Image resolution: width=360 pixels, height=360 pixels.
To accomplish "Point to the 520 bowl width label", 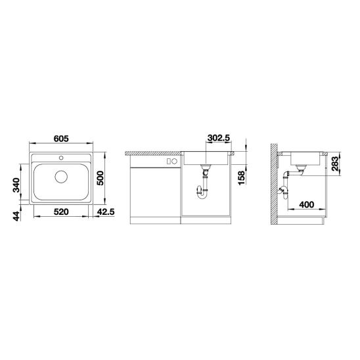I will click(61, 212).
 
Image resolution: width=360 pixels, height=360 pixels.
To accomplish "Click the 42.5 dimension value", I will click(105, 212).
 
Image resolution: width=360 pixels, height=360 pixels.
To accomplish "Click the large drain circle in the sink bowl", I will click(61, 176).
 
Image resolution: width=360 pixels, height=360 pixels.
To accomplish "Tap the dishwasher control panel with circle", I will click(172, 161).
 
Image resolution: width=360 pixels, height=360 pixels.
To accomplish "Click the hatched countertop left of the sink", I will click(151, 151).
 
